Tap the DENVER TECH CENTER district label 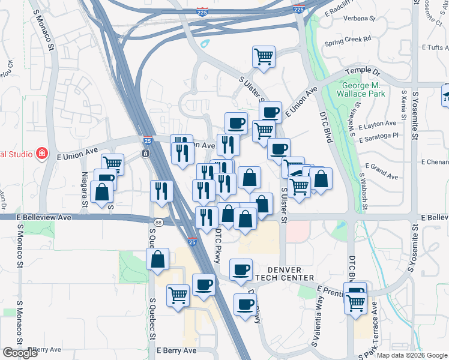(x=284, y=274)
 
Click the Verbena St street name (x=358, y=19)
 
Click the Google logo (x=20, y=353)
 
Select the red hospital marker (x=41, y=154)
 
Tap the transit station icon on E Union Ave (x=145, y=154)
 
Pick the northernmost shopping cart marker (x=264, y=56)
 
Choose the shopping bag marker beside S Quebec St (x=157, y=260)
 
